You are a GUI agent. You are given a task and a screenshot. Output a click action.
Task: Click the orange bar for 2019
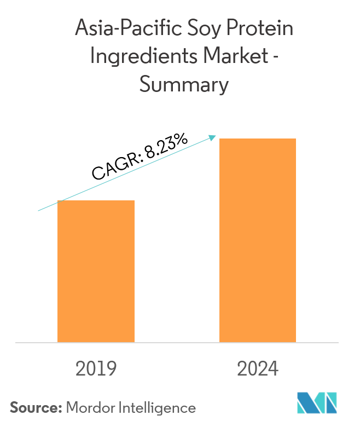96,271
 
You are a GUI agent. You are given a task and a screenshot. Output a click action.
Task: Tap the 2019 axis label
96,369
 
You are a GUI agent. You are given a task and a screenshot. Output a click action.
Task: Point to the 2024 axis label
258,369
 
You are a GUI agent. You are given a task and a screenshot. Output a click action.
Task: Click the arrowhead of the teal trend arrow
214,137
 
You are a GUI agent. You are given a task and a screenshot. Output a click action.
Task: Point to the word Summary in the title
183,85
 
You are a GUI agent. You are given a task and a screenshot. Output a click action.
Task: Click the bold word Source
36,408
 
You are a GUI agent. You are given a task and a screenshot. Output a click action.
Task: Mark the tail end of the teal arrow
38,210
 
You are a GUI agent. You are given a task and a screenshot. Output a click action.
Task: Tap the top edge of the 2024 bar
258,139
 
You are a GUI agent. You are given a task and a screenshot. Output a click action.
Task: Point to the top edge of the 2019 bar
96,201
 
